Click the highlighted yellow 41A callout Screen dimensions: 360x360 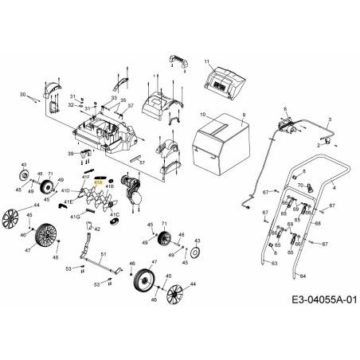(x=98, y=182)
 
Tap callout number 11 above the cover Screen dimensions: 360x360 (x=205, y=61)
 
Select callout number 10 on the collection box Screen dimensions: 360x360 (x=203, y=114)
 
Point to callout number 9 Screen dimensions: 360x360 (x=244, y=116)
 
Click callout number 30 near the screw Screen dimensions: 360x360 (x=23, y=95)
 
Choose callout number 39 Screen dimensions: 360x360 (x=71, y=152)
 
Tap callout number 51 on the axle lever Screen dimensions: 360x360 (x=104, y=252)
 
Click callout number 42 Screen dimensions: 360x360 (x=97, y=229)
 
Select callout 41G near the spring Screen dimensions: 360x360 (x=74, y=216)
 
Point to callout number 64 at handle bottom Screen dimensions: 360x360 (x=303, y=276)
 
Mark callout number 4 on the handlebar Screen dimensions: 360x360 (x=334, y=188)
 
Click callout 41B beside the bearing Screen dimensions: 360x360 (x=111, y=186)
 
